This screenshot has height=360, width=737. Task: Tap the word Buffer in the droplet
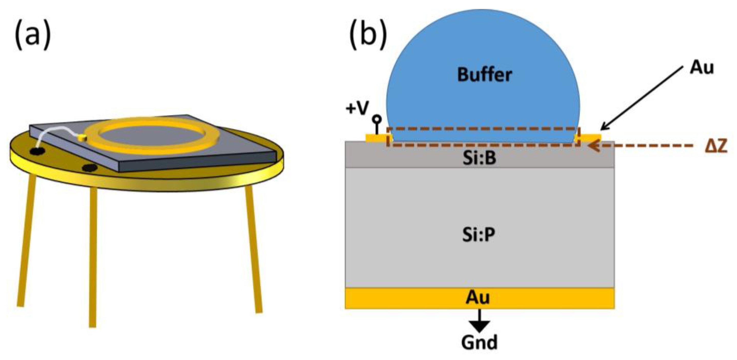point(484,75)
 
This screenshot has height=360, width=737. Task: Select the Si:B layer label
point(479,158)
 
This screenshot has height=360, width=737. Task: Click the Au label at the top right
point(702,68)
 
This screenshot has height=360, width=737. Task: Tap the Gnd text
point(479,342)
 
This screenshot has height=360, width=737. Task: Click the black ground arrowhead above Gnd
point(479,326)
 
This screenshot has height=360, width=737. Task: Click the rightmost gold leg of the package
point(253,249)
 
